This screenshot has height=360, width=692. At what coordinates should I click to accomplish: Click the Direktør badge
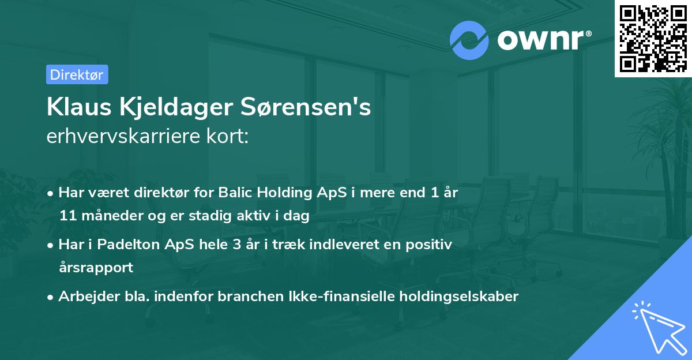click(x=77, y=74)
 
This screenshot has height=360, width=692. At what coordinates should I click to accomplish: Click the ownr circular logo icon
click(x=469, y=40)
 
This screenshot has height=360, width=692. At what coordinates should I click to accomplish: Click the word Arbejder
click(x=84, y=297)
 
